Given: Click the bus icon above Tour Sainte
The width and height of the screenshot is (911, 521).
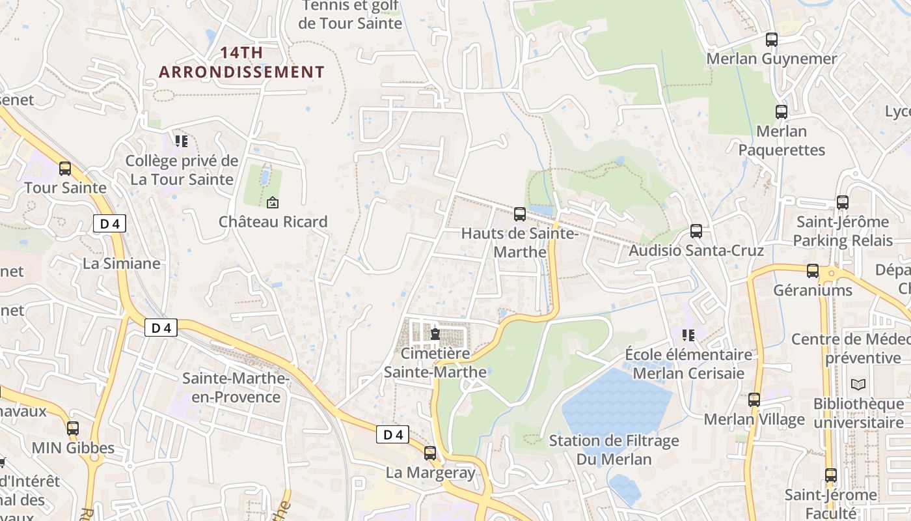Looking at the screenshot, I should click(x=65, y=169).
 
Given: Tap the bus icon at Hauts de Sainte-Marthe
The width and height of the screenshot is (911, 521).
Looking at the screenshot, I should click(x=519, y=214).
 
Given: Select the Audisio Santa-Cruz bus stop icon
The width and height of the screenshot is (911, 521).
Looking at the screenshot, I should click(x=696, y=231).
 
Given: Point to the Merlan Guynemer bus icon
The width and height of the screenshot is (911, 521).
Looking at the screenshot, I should click(x=772, y=40).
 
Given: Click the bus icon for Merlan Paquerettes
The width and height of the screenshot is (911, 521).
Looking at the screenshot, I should click(x=781, y=112).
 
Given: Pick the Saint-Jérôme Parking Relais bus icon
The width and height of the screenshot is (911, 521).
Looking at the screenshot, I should click(x=843, y=203).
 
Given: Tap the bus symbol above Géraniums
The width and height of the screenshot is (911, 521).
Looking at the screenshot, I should click(x=812, y=271).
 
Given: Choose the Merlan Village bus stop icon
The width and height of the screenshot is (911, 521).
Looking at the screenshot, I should click(x=754, y=400).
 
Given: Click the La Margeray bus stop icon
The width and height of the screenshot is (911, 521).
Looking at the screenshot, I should click(x=430, y=453).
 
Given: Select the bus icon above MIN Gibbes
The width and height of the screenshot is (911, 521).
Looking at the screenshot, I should click(x=73, y=429).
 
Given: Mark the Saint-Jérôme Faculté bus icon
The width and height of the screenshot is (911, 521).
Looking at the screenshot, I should click(x=830, y=475).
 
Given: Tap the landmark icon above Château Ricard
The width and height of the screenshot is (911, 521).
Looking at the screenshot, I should click(x=272, y=203).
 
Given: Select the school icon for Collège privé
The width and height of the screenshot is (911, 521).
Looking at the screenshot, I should click(x=181, y=141).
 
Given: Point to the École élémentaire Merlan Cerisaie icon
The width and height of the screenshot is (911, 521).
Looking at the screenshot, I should click(x=688, y=335).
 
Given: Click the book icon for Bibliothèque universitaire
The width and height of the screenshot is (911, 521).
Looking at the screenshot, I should click(x=858, y=384).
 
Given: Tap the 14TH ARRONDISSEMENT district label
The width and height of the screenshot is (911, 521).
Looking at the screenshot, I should click(x=241, y=63).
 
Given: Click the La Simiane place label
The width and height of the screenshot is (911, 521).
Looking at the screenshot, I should click(x=122, y=263).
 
